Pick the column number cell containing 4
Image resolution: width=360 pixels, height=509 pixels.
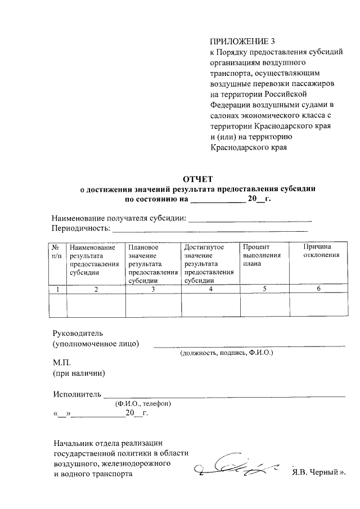point(210,289)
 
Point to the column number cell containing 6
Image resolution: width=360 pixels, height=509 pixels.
point(318,289)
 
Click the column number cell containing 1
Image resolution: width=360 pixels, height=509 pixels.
point(57,289)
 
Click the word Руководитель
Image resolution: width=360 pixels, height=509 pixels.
point(78,332)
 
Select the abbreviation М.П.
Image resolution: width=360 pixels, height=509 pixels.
point(61,362)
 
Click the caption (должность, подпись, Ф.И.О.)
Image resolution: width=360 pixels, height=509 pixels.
point(226,354)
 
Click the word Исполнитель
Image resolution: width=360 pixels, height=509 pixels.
point(76,393)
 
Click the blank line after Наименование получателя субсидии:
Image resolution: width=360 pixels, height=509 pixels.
point(250,219)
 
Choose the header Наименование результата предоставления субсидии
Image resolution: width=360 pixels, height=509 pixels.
point(94,260)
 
